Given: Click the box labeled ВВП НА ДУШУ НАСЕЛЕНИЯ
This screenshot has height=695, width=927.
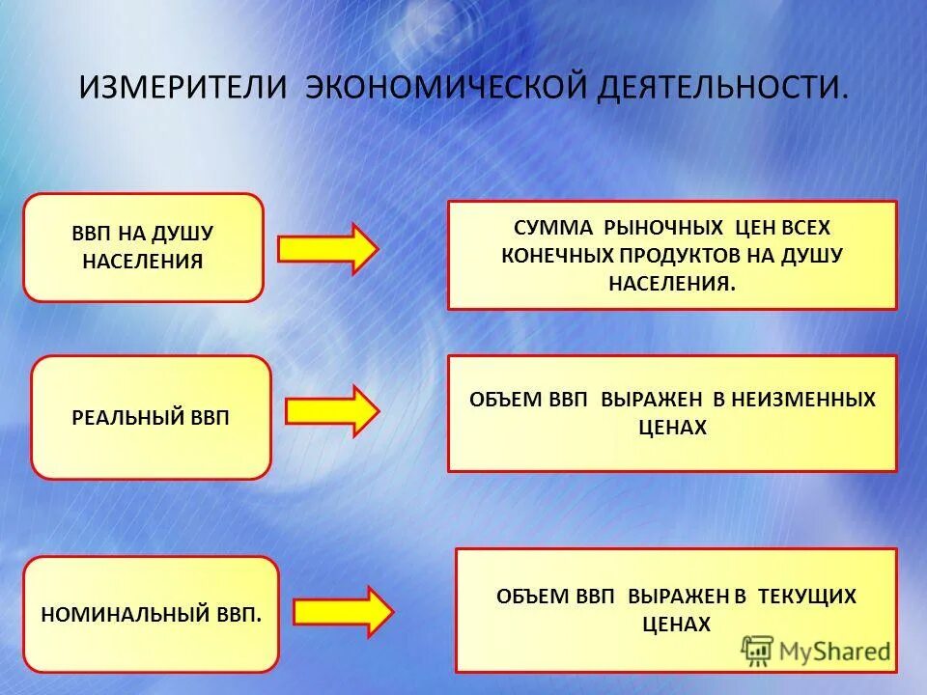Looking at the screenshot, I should (143, 247).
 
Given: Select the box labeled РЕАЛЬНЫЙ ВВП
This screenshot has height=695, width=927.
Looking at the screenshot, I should (151, 417).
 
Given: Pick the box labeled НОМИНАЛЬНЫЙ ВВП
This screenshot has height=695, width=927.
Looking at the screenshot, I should (151, 614).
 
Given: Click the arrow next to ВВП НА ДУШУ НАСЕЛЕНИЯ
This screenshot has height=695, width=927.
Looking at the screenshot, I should (327, 249).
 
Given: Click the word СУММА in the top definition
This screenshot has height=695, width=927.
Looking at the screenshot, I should (554, 228).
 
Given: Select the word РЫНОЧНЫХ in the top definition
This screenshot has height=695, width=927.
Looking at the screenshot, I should (662, 228).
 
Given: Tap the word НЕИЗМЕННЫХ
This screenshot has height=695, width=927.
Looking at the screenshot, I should (803, 400).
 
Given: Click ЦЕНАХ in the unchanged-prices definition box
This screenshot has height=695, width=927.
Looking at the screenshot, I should (673, 428).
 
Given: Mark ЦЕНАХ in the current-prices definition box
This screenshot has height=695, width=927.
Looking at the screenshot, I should (676, 625).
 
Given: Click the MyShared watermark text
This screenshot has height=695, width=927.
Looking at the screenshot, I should (834, 652).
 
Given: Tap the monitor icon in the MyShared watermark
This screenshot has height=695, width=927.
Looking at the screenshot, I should (757, 651).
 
